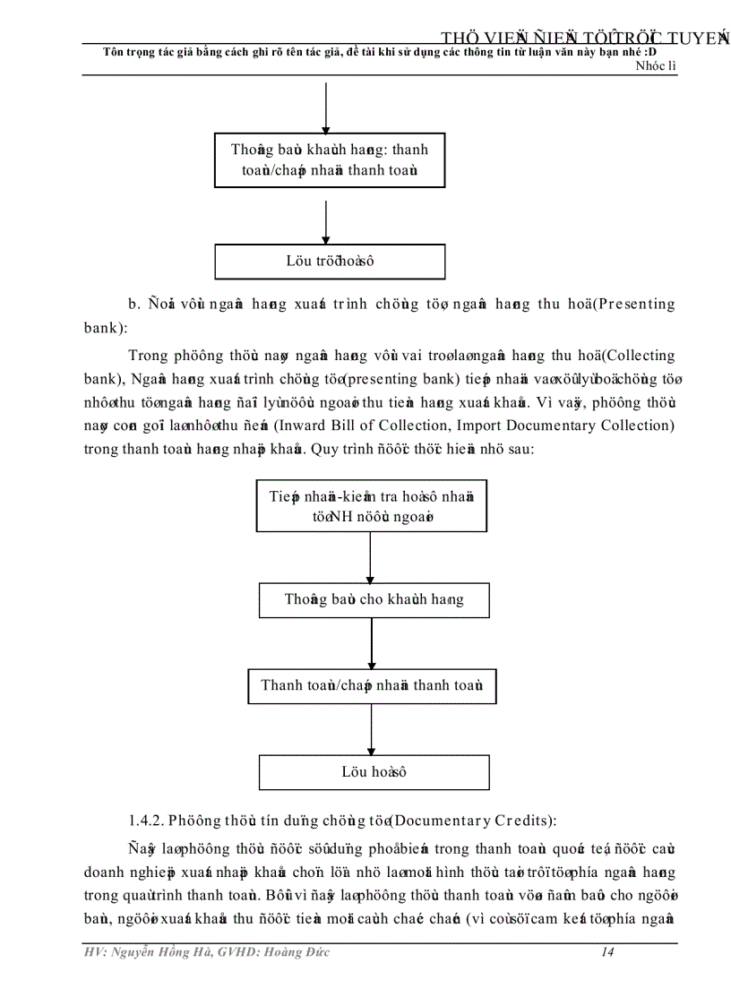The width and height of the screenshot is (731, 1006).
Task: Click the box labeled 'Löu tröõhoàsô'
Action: (x=330, y=262)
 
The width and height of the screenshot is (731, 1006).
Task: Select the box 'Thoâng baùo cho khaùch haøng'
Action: (x=374, y=599)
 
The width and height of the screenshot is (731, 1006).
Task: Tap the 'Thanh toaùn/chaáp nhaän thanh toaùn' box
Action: (x=372, y=685)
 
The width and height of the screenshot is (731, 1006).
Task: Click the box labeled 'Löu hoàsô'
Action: (x=374, y=771)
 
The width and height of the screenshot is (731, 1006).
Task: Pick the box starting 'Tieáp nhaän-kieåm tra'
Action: (x=371, y=506)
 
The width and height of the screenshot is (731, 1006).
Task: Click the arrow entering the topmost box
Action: (x=325, y=107)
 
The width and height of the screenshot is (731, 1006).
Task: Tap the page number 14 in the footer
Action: (x=606, y=952)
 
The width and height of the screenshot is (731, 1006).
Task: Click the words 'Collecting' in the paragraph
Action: (x=638, y=356)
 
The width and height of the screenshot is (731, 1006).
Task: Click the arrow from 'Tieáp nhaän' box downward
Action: (x=371, y=557)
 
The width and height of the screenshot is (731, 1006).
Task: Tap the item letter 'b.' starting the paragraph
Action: (x=135, y=304)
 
